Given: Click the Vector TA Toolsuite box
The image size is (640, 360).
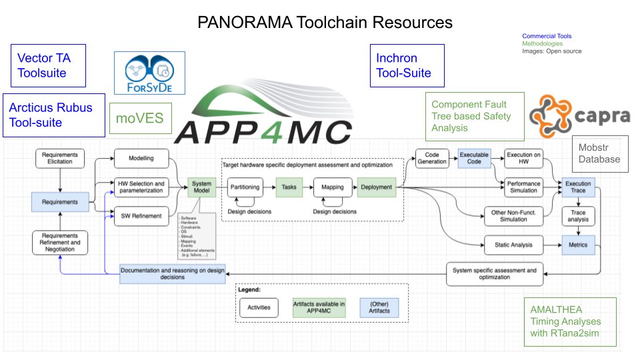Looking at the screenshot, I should (x=48, y=65).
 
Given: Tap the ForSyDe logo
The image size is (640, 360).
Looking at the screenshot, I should (x=145, y=73).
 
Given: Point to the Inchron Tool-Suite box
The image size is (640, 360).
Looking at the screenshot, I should (x=407, y=65).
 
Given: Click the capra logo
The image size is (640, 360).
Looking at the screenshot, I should (x=579, y=117).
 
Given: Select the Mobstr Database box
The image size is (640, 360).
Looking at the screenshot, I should (x=599, y=153).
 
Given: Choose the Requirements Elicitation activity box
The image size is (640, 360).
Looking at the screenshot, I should (x=60, y=158).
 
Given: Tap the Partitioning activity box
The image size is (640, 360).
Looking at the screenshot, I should (x=245, y=188).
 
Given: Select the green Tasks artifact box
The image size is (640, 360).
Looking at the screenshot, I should (x=289, y=188).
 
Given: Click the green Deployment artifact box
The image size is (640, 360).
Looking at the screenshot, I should (x=376, y=188).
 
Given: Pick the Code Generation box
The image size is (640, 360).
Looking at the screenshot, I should (x=432, y=158).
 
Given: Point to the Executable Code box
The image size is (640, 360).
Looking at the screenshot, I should (x=474, y=158).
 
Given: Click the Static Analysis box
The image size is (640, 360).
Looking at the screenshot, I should (x=513, y=245).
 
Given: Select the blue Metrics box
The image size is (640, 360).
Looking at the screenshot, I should (x=577, y=245).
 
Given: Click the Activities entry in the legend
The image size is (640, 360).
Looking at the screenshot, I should (x=259, y=307).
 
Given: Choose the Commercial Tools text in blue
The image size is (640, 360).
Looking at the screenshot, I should (x=546, y=36).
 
